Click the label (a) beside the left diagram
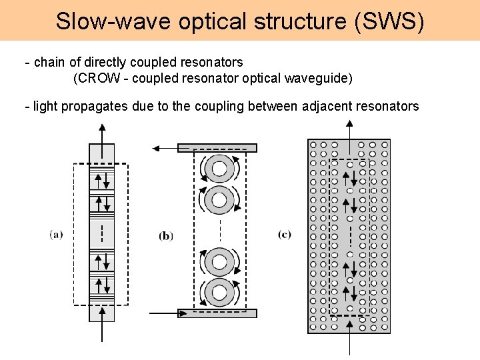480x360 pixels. pyautogui.click(x=56, y=234)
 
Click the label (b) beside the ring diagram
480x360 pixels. pyautogui.click(x=166, y=235)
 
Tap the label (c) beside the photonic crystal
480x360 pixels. pyautogui.click(x=285, y=234)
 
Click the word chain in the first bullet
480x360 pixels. pyautogui.click(x=49, y=62)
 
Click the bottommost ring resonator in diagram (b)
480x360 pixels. pyautogui.click(x=220, y=291)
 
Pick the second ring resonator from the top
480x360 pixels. pyautogui.click(x=220, y=198)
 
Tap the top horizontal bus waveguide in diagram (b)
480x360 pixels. pyautogui.click(x=217, y=148)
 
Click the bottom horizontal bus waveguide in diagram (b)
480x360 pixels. pyautogui.click(x=217, y=313)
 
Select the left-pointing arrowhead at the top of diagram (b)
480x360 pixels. pyautogui.click(x=156, y=149)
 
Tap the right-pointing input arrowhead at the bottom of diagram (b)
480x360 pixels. pyautogui.click(x=175, y=312)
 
